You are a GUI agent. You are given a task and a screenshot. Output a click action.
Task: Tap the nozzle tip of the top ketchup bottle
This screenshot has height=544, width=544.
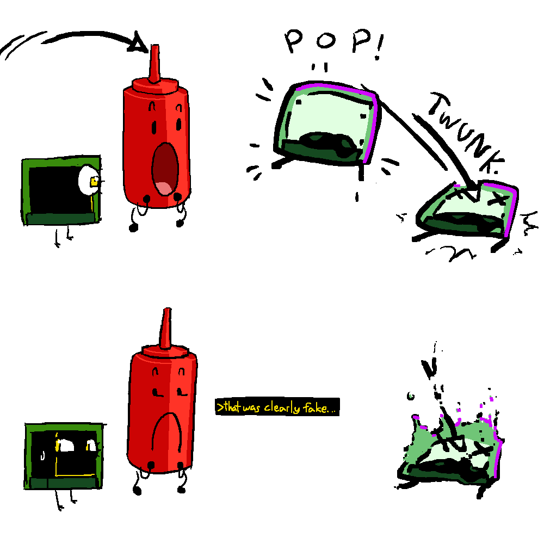pos(156,46)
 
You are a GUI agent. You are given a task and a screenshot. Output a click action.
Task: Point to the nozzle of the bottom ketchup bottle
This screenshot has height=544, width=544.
pos(166,328)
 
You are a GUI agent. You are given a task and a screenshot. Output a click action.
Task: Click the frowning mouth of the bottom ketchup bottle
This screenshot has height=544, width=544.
pos(167,430)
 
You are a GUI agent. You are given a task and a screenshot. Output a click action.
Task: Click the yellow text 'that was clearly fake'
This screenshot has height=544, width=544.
pos(276,407)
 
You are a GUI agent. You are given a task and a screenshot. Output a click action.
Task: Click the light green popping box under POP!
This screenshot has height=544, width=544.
pos(326,123)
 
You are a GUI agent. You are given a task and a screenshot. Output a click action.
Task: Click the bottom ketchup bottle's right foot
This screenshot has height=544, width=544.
pos(181,490)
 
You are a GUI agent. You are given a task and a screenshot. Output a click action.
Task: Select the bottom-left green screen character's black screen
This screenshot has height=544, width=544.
pos(64,454)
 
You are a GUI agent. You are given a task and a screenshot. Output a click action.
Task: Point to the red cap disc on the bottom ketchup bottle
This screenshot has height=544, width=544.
pos(165,351)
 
